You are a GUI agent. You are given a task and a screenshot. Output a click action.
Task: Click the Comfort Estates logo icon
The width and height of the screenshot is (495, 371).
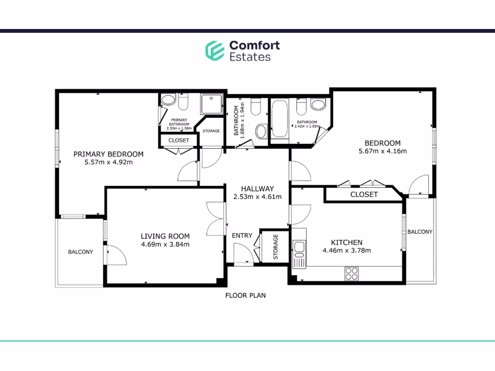tap(214, 51)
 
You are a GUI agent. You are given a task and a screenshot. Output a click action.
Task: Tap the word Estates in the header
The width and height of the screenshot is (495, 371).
tap(249, 57)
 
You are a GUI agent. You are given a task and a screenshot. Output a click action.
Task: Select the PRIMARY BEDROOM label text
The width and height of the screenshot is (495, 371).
tap(108, 154)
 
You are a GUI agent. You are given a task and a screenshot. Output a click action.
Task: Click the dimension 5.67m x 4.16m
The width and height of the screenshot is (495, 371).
tap(382, 151)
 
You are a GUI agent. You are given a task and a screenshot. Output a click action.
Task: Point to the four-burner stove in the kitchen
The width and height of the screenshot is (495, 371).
tap(351, 273)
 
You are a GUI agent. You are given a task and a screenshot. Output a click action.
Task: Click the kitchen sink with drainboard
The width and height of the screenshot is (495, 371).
tap(298, 254)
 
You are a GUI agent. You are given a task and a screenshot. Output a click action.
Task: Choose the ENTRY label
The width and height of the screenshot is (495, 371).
tap(242, 236)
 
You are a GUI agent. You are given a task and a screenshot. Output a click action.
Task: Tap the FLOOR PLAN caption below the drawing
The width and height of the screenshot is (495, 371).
tap(246, 295)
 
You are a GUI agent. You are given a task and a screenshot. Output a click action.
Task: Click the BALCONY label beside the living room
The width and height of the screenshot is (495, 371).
tap(80, 252)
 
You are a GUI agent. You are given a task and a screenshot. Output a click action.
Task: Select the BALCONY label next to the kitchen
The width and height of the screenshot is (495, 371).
tap(420, 232)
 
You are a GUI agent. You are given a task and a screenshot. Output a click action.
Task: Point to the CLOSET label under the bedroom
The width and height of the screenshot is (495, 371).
tap(364, 194)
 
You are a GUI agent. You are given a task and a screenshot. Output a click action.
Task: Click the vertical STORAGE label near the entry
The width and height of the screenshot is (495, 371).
tap(276, 247)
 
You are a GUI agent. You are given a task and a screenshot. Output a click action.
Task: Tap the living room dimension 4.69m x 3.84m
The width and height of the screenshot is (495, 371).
tap(165, 244)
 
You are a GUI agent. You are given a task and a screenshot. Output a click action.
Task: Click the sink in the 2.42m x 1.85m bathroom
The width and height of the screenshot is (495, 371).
tap(318, 104)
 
